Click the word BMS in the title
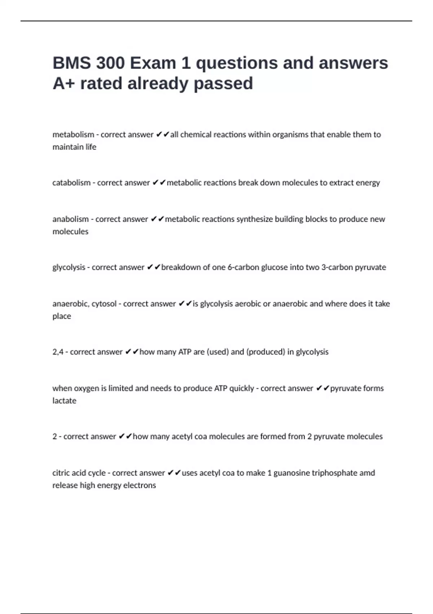71,63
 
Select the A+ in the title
64,84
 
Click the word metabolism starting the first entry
73,135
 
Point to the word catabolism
71,183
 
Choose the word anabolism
70,219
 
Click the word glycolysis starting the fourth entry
69,268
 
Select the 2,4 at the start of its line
58,352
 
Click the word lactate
64,401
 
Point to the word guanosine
291,473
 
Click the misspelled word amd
367,473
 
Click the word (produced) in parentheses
266,352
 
